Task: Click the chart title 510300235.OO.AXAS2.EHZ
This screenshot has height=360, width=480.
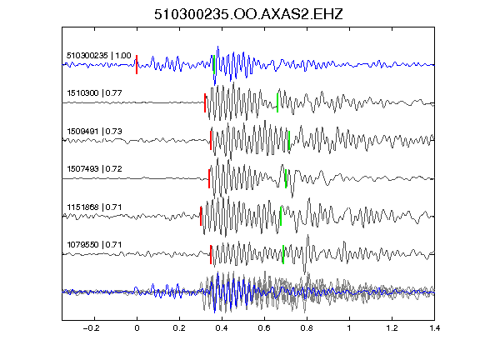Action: coord(248,14)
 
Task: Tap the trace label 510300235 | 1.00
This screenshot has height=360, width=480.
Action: coord(99,55)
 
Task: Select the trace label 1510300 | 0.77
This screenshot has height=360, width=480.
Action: coord(94,92)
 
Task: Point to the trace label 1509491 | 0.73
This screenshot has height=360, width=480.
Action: coord(94,132)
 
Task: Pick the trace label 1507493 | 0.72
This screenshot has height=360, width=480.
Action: coord(94,168)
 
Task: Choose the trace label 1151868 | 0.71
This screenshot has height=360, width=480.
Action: coord(94,207)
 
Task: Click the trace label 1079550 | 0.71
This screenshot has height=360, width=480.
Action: coord(94,245)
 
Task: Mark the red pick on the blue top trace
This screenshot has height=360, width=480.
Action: coord(137,65)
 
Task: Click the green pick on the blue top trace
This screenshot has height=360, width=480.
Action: coord(213,65)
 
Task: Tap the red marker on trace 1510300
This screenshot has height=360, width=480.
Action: coord(205,102)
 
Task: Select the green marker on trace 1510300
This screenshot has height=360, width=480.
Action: coord(277,102)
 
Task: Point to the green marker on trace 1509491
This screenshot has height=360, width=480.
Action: coord(289,141)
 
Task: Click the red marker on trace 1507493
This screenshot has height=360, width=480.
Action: coord(209,179)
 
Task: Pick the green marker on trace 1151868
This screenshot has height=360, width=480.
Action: coord(281,216)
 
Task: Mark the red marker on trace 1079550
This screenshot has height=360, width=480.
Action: coord(211,254)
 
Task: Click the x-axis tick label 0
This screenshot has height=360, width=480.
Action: coord(137,328)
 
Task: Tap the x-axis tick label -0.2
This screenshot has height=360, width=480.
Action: coord(92,328)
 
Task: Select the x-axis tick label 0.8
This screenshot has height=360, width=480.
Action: coord(307,328)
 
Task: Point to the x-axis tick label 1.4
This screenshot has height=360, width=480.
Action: coord(435,328)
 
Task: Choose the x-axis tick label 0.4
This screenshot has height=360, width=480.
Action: coord(222,328)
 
